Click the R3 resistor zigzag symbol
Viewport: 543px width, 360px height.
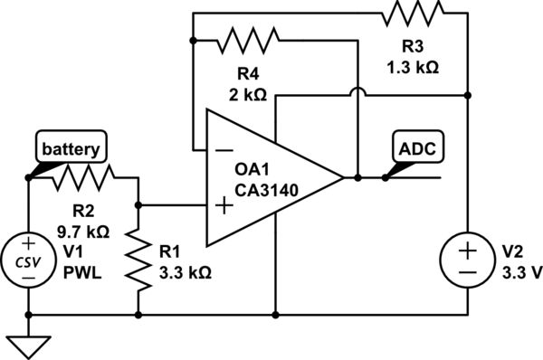413,14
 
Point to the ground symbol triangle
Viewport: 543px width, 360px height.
28,343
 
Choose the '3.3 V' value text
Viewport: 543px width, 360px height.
520,272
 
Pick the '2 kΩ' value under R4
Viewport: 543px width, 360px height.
245,91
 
